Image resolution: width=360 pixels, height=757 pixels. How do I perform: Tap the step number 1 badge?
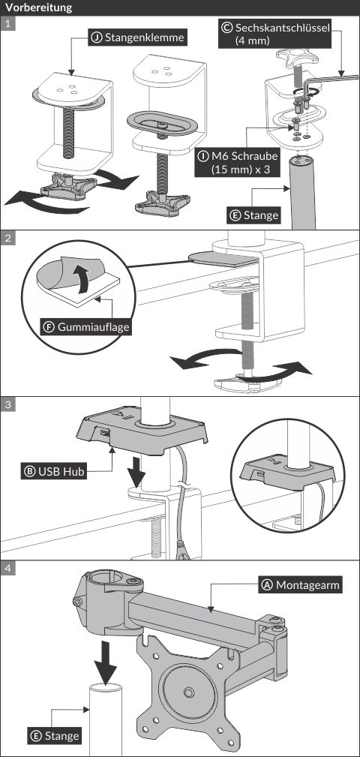click(7, 24)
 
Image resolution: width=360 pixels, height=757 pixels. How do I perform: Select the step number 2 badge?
click(7, 238)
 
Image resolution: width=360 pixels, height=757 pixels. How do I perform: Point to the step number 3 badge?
click(7, 404)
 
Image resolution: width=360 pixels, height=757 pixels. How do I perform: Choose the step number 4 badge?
click(7, 568)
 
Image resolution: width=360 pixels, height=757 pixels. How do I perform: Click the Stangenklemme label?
click(138, 38)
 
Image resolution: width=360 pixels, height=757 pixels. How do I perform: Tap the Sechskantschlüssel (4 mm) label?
click(275, 35)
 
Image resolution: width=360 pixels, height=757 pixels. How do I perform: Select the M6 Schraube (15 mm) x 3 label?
click(238, 163)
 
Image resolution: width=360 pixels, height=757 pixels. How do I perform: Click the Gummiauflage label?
click(86, 327)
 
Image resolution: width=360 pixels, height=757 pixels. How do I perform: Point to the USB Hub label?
click(53, 471)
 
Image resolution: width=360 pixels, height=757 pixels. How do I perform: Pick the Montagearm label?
click(301, 586)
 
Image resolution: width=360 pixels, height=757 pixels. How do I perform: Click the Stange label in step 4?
click(55, 736)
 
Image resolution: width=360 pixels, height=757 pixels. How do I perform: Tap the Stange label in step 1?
click(254, 215)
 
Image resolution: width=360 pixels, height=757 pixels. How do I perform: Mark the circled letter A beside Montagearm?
click(267, 586)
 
